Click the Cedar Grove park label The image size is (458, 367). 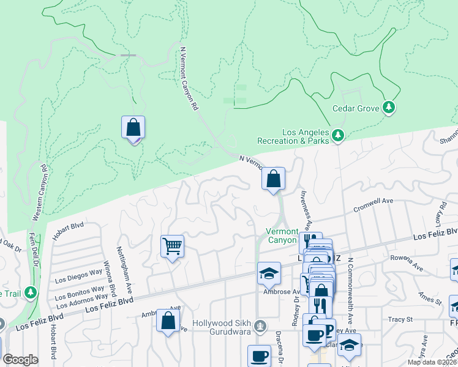(356, 108)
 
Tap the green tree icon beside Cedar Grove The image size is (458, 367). (388, 108)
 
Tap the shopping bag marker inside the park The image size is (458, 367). (133, 128)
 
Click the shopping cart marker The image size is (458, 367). (172, 247)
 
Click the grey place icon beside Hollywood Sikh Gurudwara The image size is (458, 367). (261, 324)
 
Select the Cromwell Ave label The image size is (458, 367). (373, 205)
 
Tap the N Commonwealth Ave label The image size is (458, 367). (350, 290)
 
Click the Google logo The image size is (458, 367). (21, 360)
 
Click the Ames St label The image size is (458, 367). (430, 297)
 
